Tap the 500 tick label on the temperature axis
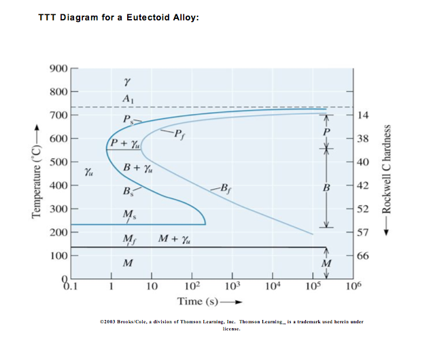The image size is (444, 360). tap(58, 162)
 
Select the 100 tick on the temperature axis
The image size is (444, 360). tap(58, 256)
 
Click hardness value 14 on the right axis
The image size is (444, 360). tap(363, 115)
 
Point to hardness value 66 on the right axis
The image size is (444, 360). tap(363, 256)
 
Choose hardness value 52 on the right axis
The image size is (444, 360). tap(363, 209)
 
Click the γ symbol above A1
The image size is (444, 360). tap(127, 82)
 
